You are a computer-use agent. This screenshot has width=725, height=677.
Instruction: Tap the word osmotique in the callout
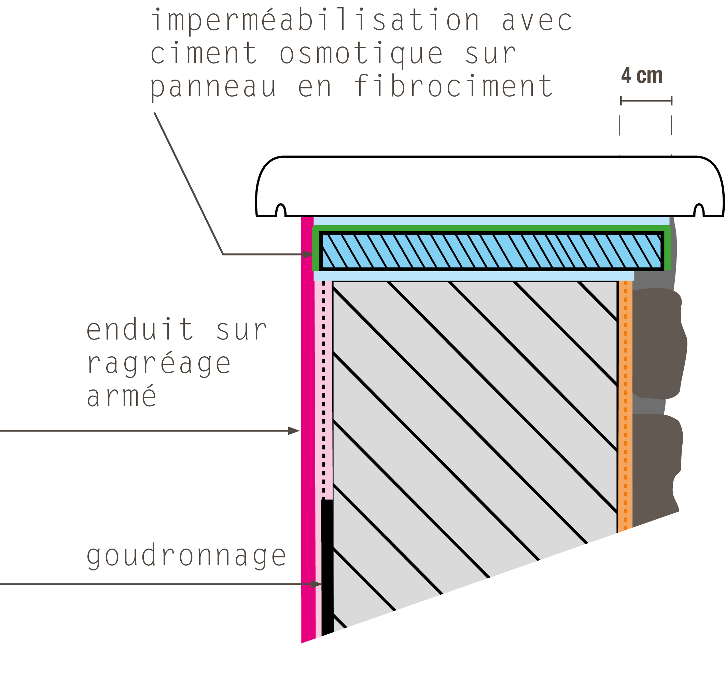tap(361, 54)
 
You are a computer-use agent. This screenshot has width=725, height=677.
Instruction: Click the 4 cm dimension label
tap(642, 75)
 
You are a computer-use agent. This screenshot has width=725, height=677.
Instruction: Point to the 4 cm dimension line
tap(646, 101)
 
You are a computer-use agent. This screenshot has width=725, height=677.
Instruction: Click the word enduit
tap(140, 329)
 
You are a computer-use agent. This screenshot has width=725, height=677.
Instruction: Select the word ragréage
tap(159, 363)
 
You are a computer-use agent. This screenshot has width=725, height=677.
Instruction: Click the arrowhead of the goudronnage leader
tap(317, 584)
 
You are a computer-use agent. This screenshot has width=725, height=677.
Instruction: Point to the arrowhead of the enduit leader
tap(294, 431)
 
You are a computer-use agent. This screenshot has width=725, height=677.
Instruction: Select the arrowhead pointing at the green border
tap(307, 254)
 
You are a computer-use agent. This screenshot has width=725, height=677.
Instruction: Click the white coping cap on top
tap(490, 186)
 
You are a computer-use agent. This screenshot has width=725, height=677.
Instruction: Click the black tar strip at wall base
tap(327, 567)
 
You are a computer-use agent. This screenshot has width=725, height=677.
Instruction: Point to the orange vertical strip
tap(625, 405)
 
